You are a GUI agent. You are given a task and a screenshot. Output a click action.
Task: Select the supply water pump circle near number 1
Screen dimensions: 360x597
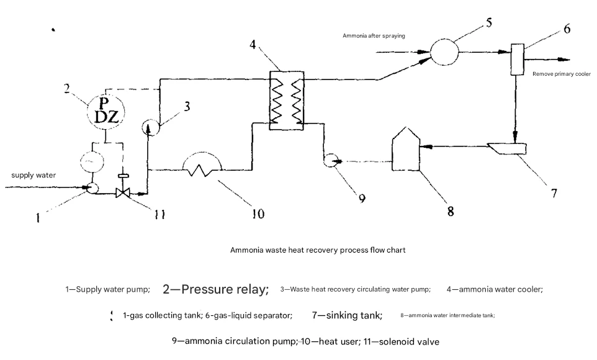coord(93,187)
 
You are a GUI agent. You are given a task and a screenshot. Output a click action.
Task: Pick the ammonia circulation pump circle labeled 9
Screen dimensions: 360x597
coord(330,161)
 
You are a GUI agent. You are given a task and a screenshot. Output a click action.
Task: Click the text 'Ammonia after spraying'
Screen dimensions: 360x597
coord(374,36)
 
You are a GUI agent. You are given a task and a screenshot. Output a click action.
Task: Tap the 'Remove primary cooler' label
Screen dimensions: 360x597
coord(561,74)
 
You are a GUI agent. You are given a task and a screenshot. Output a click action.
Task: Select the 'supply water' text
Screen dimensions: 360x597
coord(34,175)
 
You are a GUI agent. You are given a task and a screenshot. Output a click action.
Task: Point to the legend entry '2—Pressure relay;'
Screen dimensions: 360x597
coord(215,289)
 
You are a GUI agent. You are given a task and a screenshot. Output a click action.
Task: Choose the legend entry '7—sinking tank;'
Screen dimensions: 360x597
coord(347,315)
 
